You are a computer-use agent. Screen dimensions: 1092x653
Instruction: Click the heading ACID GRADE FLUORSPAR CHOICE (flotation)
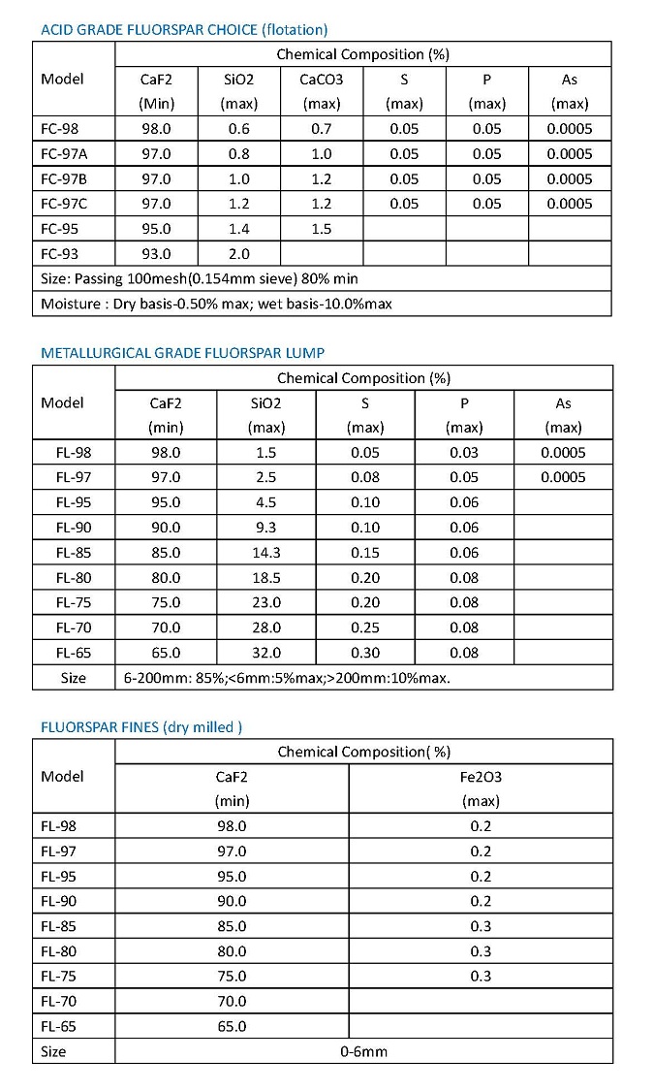pos(183,29)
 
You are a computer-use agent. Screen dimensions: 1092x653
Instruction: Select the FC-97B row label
pos(64,178)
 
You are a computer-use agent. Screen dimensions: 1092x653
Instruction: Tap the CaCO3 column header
pos(321,80)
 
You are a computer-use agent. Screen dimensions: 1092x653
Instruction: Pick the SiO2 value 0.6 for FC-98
pos(238,129)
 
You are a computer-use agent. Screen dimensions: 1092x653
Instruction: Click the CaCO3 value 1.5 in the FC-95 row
pos(321,229)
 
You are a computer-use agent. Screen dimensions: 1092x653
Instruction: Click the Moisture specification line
pos(216,304)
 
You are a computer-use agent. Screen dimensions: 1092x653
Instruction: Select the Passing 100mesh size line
pos(199,278)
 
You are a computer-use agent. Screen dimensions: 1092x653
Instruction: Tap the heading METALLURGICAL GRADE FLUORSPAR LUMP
pos(189,353)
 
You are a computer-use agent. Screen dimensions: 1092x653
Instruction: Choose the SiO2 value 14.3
pos(265,553)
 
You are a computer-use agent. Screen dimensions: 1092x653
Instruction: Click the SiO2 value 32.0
pos(265,653)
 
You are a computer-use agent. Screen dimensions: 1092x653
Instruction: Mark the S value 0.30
pos(365,653)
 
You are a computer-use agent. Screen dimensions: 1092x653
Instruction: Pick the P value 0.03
pos(464,453)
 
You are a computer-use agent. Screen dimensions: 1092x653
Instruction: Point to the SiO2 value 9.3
pos(265,528)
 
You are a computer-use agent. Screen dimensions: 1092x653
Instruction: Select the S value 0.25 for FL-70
pos(365,627)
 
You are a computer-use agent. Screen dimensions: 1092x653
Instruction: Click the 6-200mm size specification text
pos(286,678)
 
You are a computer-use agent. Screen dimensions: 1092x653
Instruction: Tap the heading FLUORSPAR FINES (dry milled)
pos(141,726)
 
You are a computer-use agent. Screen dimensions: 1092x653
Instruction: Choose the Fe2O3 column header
pos(481,777)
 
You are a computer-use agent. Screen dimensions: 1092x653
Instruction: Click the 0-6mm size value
pos(363,1051)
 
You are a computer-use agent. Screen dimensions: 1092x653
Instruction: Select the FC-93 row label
pos(60,254)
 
